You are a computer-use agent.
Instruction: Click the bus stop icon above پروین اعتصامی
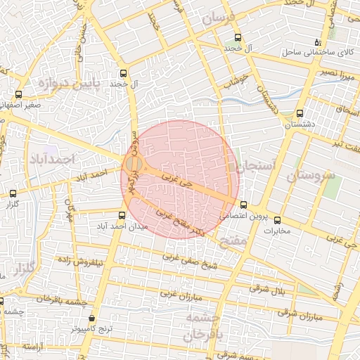[x=244, y=205]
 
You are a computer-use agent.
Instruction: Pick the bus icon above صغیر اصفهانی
[x=18, y=94]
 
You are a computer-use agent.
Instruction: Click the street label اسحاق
[x=347, y=112]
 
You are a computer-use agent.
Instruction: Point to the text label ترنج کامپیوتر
[x=88, y=328]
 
